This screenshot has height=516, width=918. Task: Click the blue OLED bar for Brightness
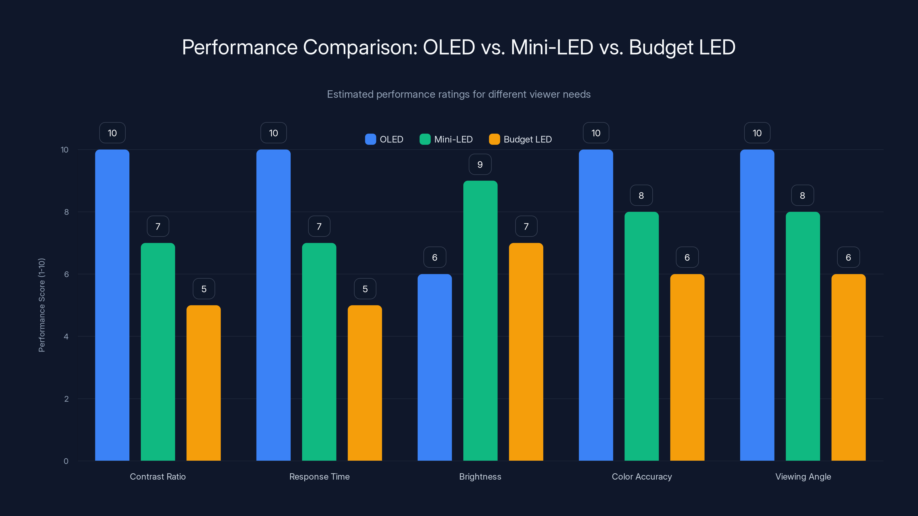coord(434,367)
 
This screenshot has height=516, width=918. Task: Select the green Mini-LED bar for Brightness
coord(480,320)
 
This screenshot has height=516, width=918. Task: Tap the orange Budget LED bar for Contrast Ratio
coord(203,383)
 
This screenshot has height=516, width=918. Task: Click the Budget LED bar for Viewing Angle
coord(848,367)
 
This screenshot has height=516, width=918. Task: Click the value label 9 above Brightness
coord(480,165)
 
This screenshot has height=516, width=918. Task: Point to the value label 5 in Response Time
coord(365,289)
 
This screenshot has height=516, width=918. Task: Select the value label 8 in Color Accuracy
coord(641,196)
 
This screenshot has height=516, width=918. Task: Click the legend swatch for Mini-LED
coord(425,139)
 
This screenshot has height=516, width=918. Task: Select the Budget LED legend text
coord(528,139)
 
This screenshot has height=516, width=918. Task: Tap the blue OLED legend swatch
coord(370,139)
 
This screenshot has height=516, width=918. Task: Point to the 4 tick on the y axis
coord(66,337)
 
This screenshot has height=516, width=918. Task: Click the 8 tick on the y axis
coord(66,212)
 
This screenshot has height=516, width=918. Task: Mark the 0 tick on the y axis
coord(66,461)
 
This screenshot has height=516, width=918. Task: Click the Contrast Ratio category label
coord(157,476)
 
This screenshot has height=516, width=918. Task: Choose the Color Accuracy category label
coord(641,476)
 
